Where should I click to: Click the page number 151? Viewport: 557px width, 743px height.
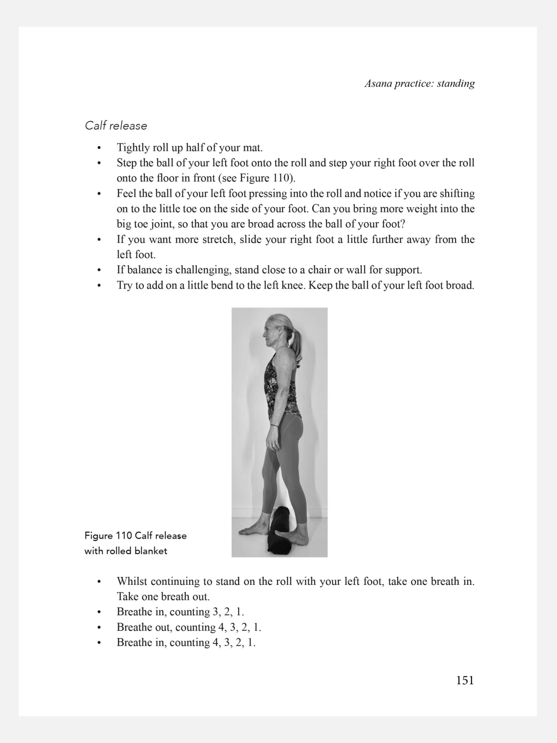tap(465, 680)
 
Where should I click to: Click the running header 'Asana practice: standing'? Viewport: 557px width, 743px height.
tap(420, 84)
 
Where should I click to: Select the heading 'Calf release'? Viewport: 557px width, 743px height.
tap(116, 126)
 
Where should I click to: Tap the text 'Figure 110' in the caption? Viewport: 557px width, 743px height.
tap(108, 535)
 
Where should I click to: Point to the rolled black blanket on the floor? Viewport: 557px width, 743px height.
tap(281, 531)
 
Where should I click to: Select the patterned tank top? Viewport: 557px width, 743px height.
tap(281, 386)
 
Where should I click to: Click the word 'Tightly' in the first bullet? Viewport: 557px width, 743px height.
tap(133, 148)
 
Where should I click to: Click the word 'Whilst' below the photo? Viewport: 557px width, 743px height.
tap(132, 581)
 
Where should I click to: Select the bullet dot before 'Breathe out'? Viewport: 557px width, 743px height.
tap(99, 628)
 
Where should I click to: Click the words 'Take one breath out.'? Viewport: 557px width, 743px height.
tap(163, 596)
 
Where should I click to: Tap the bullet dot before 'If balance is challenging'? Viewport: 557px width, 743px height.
tap(99, 270)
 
